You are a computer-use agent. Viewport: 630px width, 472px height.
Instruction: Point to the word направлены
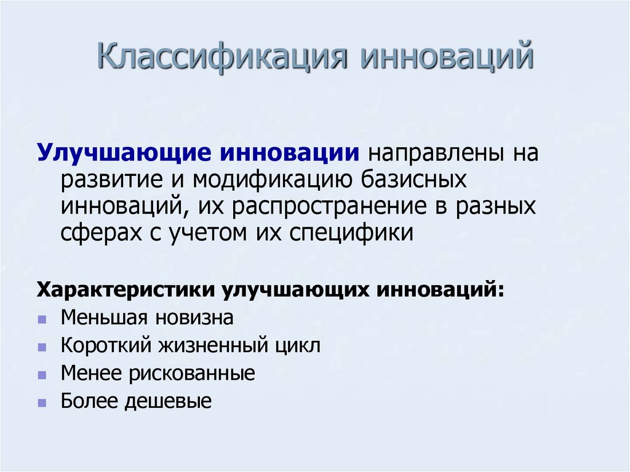(x=434, y=153)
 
